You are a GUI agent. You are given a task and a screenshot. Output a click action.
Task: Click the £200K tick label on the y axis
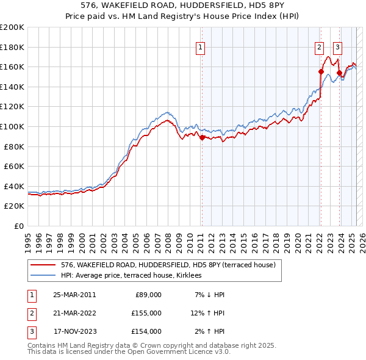click(12, 27)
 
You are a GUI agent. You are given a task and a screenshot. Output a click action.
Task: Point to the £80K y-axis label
click(14, 146)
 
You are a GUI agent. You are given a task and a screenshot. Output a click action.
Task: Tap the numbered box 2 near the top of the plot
click(319, 46)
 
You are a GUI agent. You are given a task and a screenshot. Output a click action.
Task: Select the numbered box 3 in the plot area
click(337, 46)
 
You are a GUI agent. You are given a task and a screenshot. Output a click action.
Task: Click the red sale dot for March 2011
click(202, 138)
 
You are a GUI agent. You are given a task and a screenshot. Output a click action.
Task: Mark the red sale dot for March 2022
click(320, 71)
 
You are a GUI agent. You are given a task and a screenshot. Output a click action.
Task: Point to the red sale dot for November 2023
click(339, 73)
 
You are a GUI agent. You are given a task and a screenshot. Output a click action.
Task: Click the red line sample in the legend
click(43, 265)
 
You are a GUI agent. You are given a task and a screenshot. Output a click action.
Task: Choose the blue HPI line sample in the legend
click(43, 275)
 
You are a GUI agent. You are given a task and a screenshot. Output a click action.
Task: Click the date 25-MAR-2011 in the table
click(74, 295)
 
